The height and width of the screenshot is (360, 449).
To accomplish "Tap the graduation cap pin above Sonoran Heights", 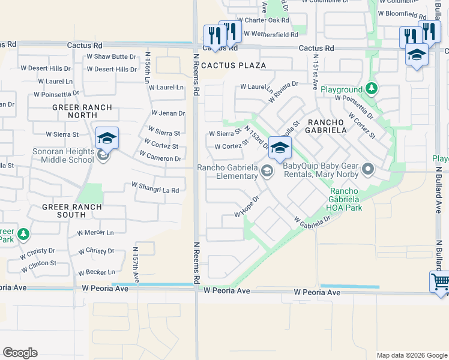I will (107, 139).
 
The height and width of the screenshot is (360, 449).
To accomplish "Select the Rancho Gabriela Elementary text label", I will (228, 172).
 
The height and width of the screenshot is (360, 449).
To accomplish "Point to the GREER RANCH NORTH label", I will (70, 110).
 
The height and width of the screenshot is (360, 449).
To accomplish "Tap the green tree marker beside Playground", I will (372, 89).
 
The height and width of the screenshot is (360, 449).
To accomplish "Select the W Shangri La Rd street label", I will (155, 190).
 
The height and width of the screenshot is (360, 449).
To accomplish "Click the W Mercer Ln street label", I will (95, 233).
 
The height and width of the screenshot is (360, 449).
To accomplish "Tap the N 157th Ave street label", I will (136, 264).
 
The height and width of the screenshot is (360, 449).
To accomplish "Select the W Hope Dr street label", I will (247, 207).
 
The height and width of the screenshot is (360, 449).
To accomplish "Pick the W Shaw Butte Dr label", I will (112, 56).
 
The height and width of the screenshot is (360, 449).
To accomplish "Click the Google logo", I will (20, 353).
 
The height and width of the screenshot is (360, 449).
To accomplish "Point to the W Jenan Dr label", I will (168, 113).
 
